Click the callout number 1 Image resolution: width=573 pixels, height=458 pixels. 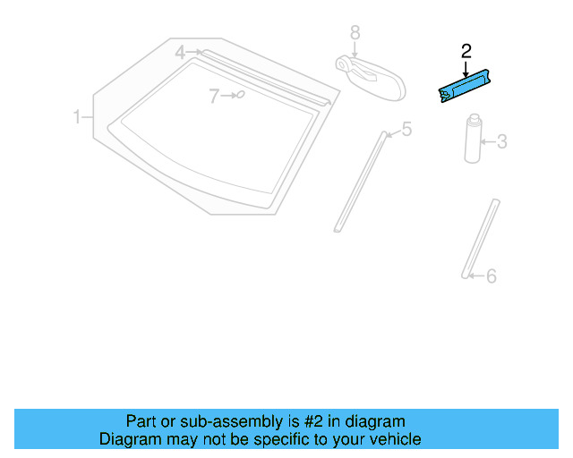[x=77, y=117]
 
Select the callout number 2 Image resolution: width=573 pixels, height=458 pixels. [x=466, y=51]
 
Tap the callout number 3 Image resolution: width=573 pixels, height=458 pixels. [x=501, y=141]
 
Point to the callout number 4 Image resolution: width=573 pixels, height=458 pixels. [x=180, y=53]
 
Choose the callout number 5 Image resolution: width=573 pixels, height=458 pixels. [x=406, y=131]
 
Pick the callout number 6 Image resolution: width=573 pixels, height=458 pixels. [x=491, y=276]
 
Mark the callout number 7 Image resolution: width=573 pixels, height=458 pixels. [x=214, y=96]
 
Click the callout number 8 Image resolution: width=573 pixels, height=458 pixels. [x=355, y=32]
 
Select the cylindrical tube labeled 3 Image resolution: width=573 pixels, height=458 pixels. [x=471, y=140]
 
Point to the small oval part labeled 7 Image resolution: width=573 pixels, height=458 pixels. [x=240, y=93]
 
